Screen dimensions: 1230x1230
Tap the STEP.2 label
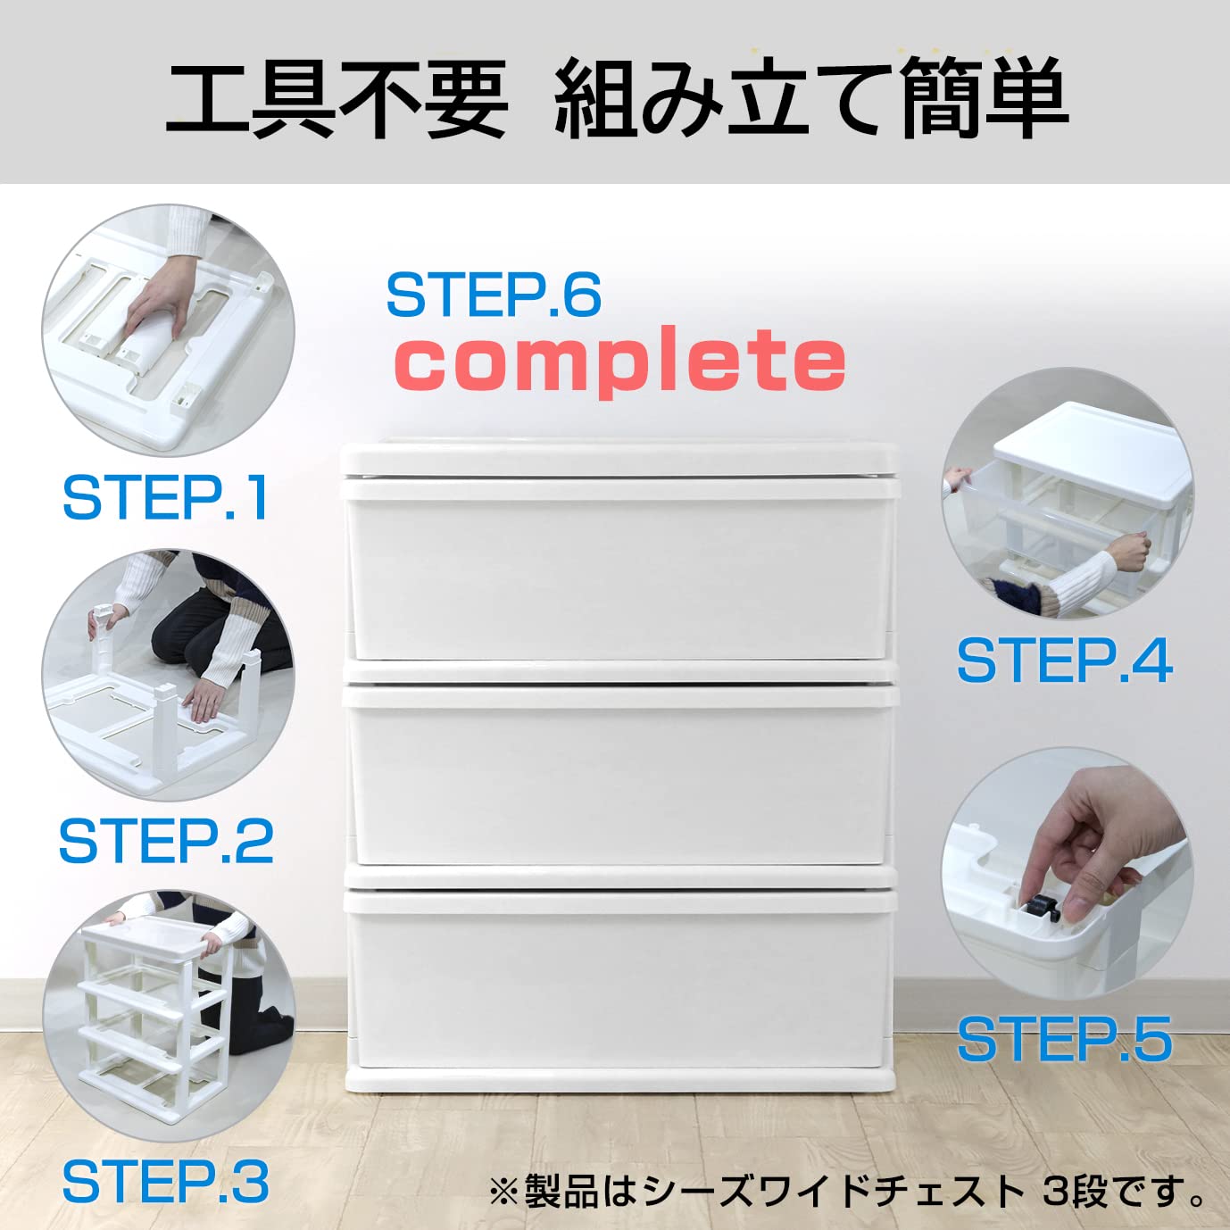(166, 841)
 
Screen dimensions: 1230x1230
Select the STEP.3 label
(166, 1183)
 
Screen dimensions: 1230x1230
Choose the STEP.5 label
(1064, 1038)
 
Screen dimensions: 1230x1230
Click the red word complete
(620, 360)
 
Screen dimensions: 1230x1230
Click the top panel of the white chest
(619, 458)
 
